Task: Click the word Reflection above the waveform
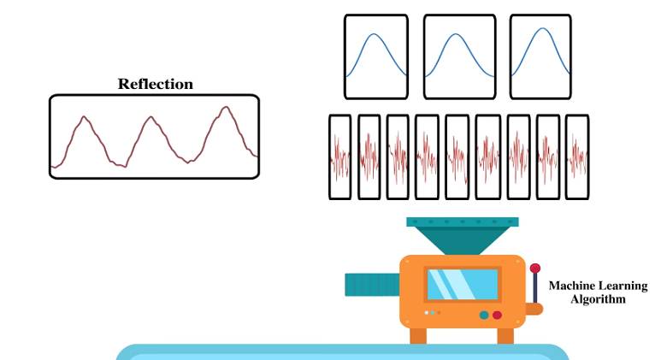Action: pos(155,84)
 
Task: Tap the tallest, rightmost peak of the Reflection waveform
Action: pos(225,109)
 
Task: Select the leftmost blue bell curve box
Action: pos(375,56)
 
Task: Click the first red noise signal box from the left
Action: pos(340,157)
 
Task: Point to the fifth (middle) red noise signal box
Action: pos(457,157)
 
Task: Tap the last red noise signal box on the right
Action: pos(577,157)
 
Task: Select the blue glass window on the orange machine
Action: pos(462,285)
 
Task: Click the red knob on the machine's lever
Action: pos(535,269)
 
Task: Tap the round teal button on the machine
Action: pos(484,315)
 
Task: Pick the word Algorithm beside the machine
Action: pos(598,299)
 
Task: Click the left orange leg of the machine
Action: pos(418,334)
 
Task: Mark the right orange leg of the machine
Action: pos(504,334)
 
